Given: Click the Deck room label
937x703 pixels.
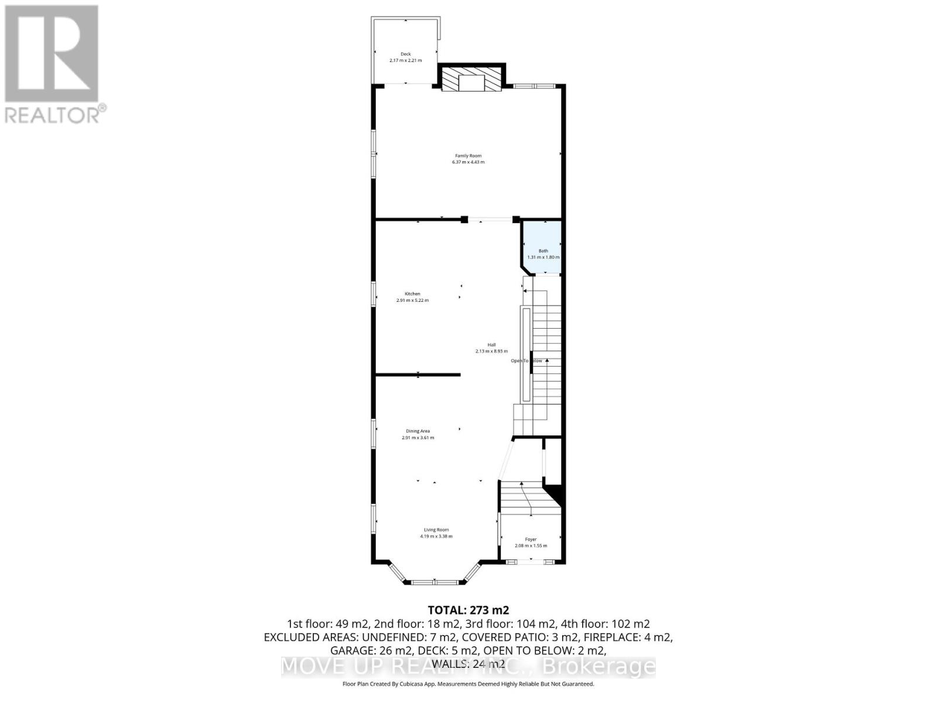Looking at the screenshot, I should tap(405, 54).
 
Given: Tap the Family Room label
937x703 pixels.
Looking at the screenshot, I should tap(468, 156).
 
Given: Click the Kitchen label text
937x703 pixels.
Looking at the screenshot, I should tap(412, 294).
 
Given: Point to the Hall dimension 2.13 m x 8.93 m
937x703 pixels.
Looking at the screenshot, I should tap(491, 351).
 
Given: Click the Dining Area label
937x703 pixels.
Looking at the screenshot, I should tap(418, 431).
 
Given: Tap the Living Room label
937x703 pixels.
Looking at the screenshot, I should tap(436, 530).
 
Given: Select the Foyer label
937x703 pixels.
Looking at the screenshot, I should tap(531, 540).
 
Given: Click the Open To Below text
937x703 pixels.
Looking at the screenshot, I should tap(526, 361).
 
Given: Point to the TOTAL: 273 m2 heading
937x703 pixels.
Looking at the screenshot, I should tap(468, 610).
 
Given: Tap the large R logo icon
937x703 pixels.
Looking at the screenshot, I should tap(52, 53).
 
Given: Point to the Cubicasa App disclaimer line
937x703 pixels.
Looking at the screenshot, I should tap(468, 684).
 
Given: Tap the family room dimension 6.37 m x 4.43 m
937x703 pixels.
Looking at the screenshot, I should tap(468, 162).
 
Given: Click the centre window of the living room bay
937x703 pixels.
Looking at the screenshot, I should tap(435, 582).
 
